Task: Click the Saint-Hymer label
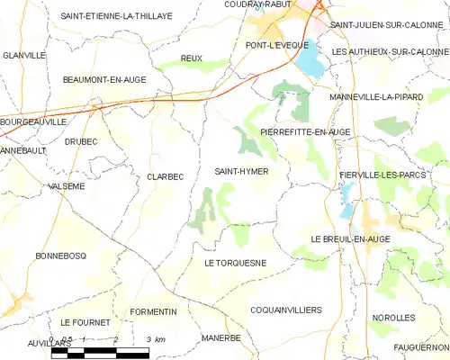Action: [x=241, y=171]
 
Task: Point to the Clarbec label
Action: [x=165, y=177]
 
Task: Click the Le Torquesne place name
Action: [x=236, y=263]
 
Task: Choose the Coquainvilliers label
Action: [x=286, y=310]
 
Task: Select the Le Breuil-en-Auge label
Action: [x=350, y=238]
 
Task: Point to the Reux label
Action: [x=191, y=58]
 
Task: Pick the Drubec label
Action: [x=80, y=142]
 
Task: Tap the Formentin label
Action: [x=152, y=311]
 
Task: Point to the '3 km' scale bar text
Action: [x=154, y=338]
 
